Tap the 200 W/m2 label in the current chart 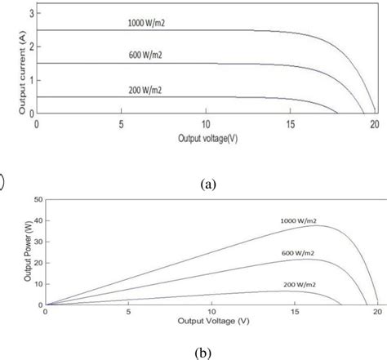coord(147,88)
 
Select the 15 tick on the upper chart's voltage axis coord(291,125)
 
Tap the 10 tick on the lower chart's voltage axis coord(211,312)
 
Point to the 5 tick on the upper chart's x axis coord(121,125)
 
